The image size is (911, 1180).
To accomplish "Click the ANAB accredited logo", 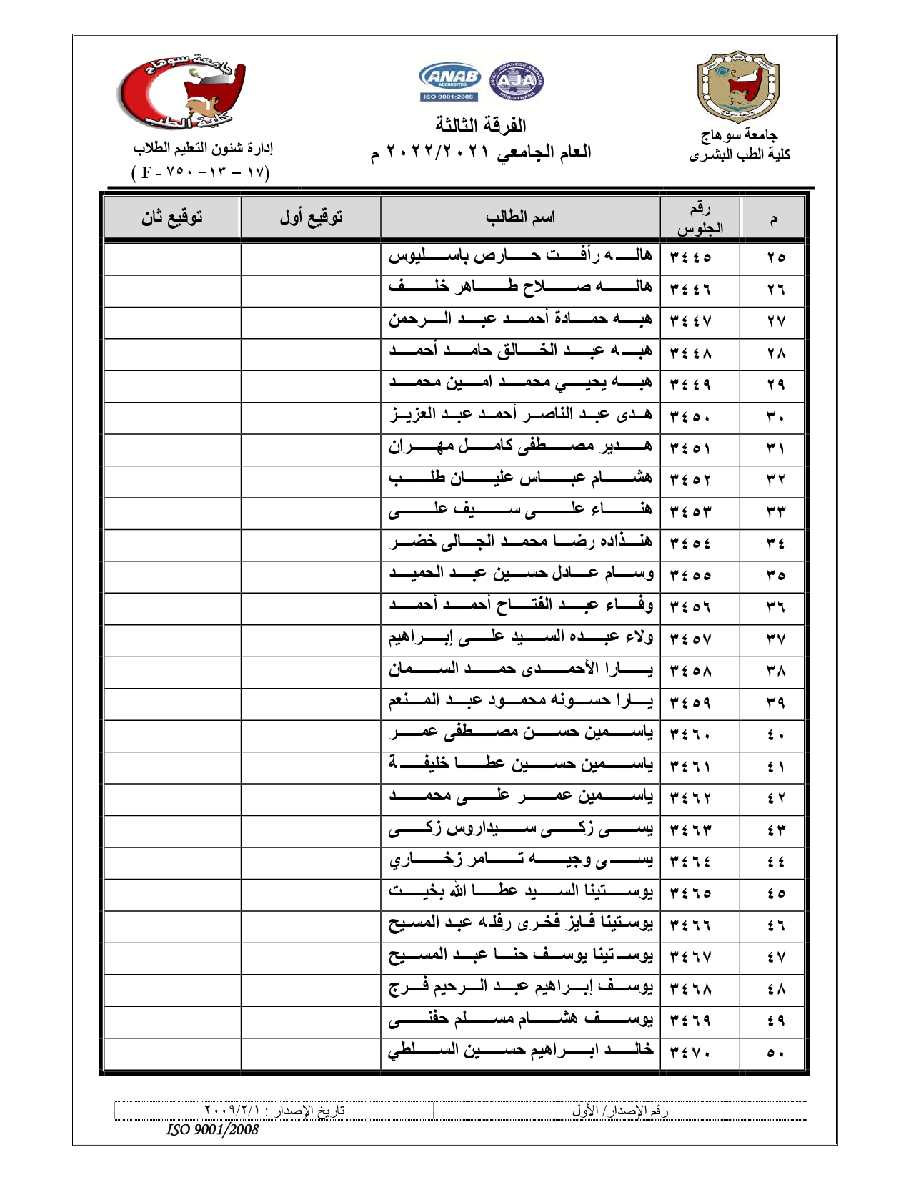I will [449, 82].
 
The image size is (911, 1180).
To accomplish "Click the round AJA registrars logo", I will [516, 81].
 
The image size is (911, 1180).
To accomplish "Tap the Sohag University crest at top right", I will [738, 87].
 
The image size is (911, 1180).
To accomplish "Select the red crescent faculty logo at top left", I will [181, 94].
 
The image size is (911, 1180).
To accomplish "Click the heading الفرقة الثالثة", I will [481, 125].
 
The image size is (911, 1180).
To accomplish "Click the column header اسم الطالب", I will [520, 217].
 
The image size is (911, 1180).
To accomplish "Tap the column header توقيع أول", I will [311, 217].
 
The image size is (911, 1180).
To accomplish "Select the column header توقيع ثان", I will [171, 217].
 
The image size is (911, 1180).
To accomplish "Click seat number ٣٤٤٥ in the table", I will [691, 257].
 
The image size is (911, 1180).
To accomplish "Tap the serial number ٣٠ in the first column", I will [776, 416].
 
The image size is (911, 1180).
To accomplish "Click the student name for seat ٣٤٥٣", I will [520, 511].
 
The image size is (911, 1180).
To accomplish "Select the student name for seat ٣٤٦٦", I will [520, 925].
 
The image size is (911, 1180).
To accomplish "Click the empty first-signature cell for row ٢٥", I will [311, 257].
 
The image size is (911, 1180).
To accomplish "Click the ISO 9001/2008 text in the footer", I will [212, 1129].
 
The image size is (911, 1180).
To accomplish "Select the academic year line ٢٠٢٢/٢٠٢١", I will [481, 152].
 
